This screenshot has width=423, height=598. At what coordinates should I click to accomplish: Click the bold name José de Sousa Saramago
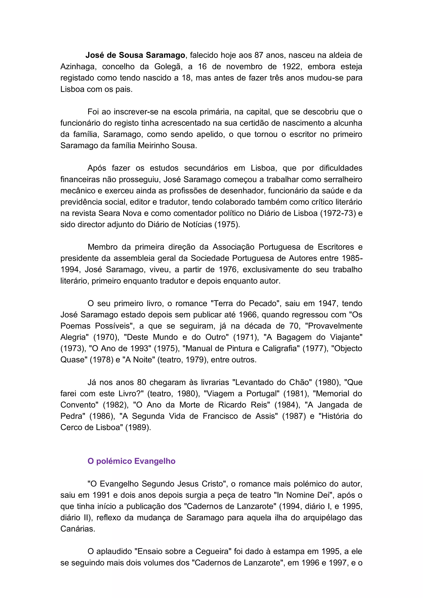135,55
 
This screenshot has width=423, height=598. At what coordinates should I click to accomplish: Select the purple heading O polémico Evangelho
131,461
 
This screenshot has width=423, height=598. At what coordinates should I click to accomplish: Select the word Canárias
78,529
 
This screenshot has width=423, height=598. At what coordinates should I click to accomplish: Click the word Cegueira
213,551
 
